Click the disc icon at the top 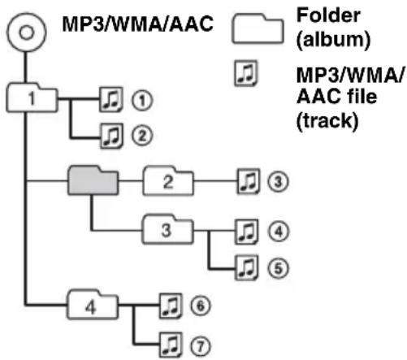point(26,33)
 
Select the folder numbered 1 point(32,98)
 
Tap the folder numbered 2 point(168,181)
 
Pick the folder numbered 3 point(168,230)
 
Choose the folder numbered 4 point(93,305)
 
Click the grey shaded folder point(93,180)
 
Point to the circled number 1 point(142,101)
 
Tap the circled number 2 point(142,136)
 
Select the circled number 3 point(278,181)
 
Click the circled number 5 point(278,268)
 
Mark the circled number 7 point(201,346)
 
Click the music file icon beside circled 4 point(246,232)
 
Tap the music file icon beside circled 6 point(170,306)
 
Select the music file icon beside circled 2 point(111,136)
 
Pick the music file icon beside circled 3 point(248,181)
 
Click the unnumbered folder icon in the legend point(258,28)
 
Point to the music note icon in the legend point(245,73)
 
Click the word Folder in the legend point(328,15)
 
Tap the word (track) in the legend point(327,121)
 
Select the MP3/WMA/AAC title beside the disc point(138,24)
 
